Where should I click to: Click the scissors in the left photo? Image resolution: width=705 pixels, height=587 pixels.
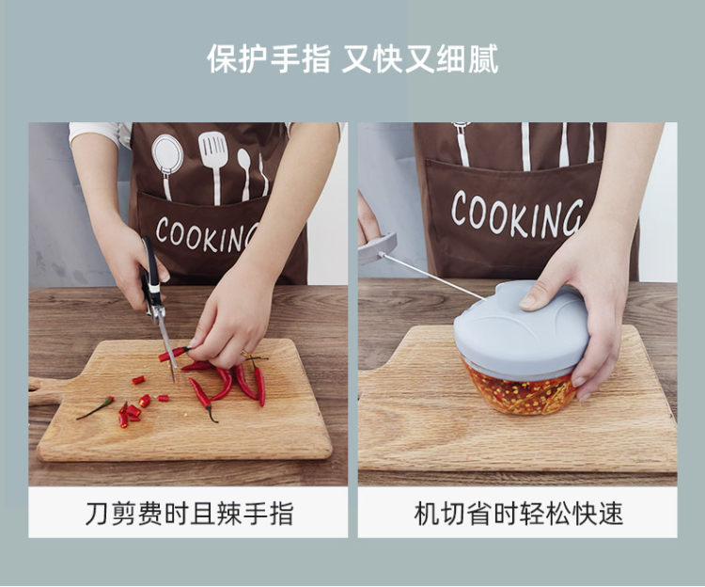coord(156,306)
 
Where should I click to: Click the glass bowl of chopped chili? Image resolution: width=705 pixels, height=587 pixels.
coord(521,392)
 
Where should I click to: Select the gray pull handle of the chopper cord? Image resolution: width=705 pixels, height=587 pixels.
coord(377,247)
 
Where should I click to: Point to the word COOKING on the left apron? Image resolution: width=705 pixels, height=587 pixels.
coord(208,235)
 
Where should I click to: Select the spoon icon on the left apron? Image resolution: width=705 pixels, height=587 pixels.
coord(244,173)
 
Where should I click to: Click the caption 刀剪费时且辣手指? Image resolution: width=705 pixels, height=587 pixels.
coord(189,514)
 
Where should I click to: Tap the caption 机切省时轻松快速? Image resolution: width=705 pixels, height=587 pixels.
coord(518,514)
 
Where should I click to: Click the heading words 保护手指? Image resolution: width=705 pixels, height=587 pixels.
coord(269,59)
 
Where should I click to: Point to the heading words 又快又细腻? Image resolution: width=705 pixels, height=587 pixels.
coord(420,59)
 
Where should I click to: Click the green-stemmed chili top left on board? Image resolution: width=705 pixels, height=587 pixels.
coord(96,407)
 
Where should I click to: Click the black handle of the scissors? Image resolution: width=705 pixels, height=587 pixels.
coord(150,274)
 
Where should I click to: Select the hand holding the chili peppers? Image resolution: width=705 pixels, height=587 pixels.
coord(227,324)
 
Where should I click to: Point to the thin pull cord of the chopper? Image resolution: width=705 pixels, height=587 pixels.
coord(431,277)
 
